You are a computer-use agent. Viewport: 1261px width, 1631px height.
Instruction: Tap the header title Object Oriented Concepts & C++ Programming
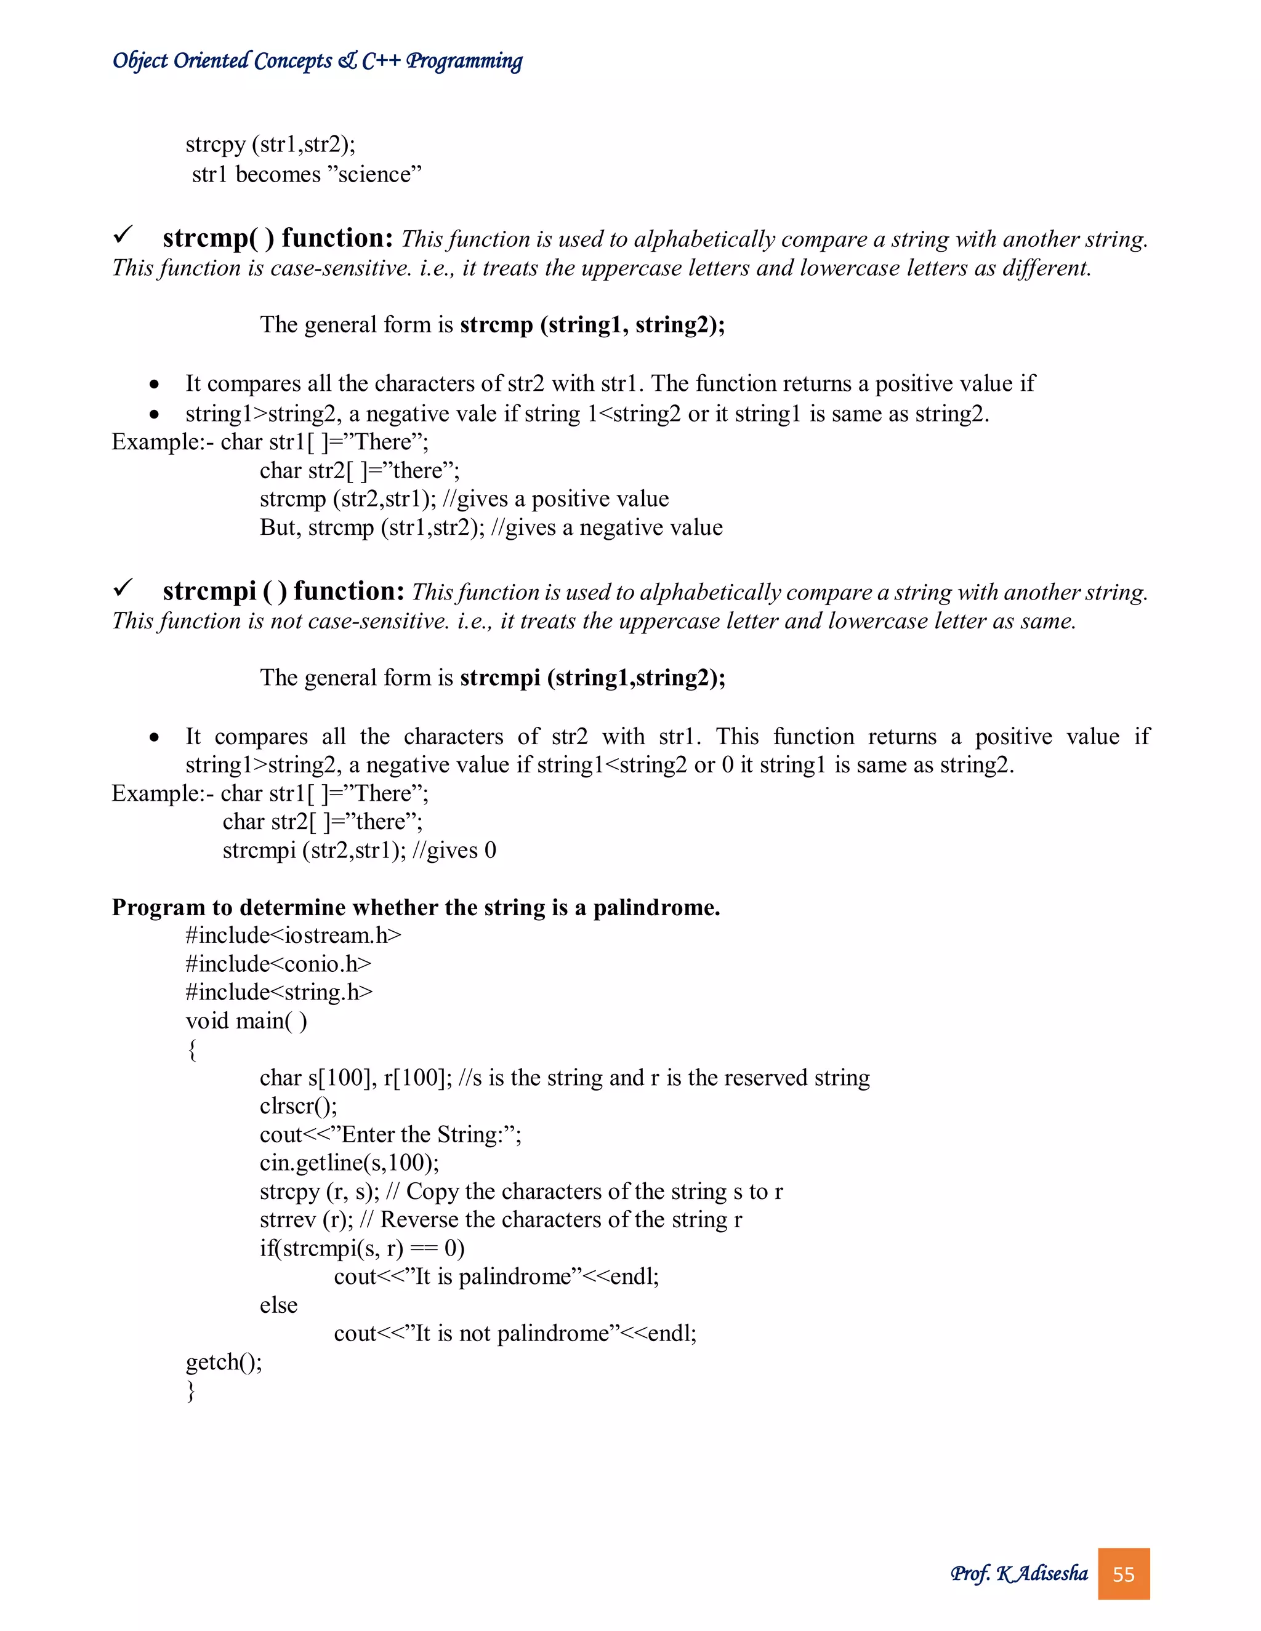318,60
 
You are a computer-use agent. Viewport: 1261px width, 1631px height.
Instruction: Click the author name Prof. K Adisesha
1019,1574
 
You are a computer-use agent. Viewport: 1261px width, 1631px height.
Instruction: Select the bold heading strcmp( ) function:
278,238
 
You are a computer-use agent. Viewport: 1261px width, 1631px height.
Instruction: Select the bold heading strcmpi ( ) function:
283,591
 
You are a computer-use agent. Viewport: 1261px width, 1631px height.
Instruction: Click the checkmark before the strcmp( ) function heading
123,235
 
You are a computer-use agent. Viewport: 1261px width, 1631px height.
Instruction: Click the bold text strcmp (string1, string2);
592,325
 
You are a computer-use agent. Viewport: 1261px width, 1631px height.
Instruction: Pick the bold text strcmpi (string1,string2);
592,678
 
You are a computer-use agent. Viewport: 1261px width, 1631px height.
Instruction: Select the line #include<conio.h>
278,963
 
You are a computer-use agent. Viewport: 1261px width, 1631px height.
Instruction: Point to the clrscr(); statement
298,1105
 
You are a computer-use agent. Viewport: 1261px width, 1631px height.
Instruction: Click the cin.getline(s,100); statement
349,1162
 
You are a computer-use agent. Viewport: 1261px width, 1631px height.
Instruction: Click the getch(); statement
224,1361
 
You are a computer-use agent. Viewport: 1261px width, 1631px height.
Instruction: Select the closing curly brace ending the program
191,1390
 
